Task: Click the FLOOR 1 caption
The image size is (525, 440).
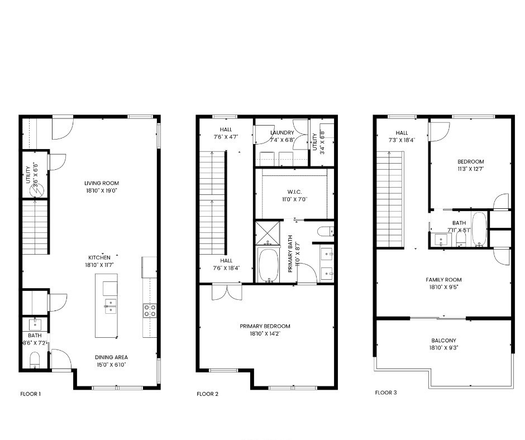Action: point(31,394)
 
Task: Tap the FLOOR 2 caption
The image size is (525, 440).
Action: point(207,394)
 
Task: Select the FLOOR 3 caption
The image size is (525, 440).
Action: point(385,393)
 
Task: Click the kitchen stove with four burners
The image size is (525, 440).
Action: point(150,310)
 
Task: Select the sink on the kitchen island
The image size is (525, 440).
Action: point(110,305)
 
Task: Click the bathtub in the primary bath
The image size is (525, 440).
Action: point(269,266)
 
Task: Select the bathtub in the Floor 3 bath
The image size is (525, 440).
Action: point(479,229)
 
